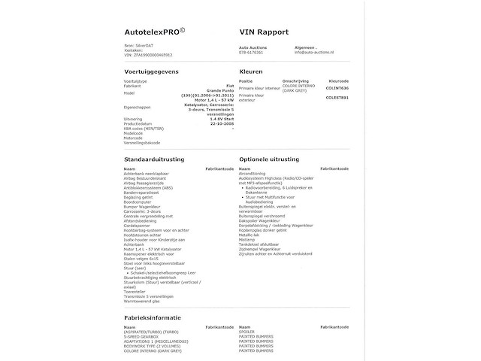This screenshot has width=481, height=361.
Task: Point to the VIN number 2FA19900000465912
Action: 149,55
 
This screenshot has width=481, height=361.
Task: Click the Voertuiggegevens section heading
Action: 151,71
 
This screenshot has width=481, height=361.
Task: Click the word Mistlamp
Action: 247,239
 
